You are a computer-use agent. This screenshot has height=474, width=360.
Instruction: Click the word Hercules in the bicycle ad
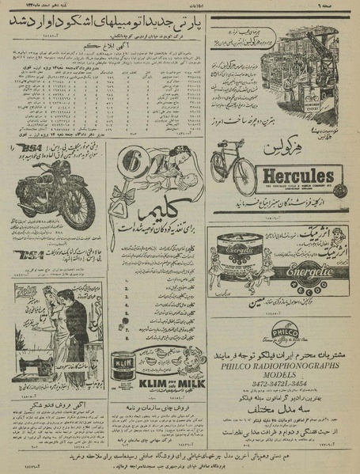pyautogui.click(x=279, y=175)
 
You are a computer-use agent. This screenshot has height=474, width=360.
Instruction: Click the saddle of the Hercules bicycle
pyautogui.click(x=224, y=146)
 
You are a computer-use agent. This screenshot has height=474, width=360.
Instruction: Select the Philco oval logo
pyautogui.click(x=284, y=331)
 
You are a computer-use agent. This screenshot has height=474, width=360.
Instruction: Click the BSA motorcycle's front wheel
pyautogui.click(x=80, y=208)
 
